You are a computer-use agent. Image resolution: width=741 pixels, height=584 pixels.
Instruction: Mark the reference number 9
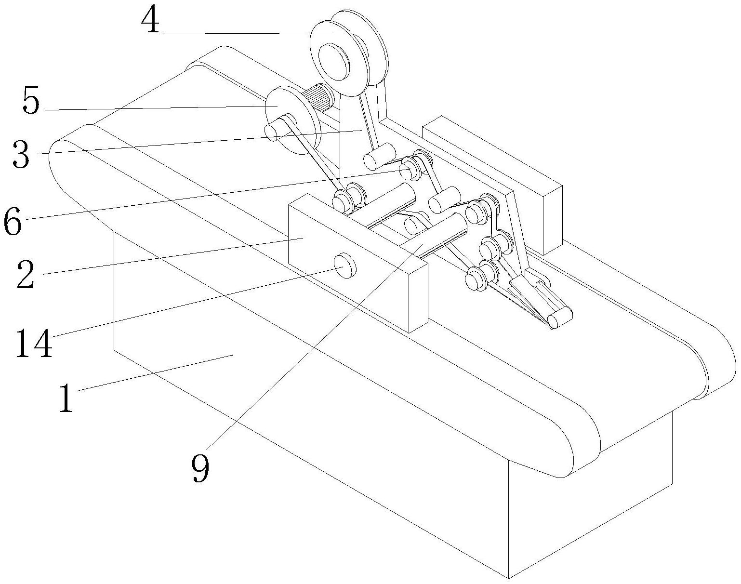coord(200,468)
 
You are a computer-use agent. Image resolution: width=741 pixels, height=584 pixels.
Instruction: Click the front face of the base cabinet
coord(289,410)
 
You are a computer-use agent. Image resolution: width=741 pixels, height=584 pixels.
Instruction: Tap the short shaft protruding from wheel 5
coord(272,132)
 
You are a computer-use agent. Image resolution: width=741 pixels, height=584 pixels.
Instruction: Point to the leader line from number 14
coord(193,304)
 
